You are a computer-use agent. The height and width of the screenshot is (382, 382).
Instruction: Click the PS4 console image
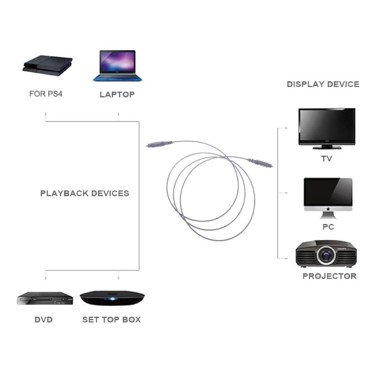[48, 65]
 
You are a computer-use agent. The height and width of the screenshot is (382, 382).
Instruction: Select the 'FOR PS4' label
[46, 94]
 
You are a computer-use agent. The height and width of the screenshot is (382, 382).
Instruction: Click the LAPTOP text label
[117, 95]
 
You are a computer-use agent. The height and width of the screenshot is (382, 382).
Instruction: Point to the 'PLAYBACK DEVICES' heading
[85, 193]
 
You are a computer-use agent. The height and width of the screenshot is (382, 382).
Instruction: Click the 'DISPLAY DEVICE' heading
[323, 84]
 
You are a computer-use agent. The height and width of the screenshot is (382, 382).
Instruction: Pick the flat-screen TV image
[327, 126]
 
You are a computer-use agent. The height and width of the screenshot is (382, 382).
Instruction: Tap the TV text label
[327, 159]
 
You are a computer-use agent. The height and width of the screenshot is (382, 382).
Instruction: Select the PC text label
[328, 227]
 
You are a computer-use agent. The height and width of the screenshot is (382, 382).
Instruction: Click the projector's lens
[327, 255]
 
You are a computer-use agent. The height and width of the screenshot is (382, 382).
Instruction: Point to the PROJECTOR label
[329, 276]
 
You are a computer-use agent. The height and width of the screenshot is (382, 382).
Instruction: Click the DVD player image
[45, 298]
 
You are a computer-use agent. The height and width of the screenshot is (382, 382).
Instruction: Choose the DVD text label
[43, 319]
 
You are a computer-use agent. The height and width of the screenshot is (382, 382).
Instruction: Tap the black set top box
[112, 298]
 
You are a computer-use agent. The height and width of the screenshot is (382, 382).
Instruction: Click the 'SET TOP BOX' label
[111, 319]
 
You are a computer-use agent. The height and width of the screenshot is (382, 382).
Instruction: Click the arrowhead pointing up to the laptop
[118, 115]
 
